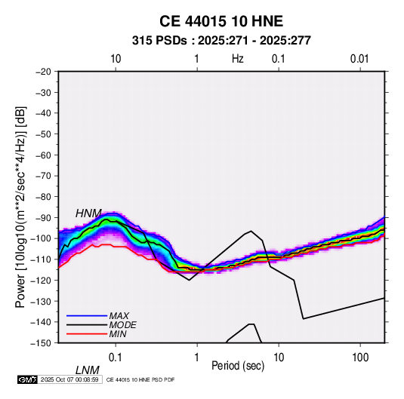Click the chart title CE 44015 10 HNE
pyautogui.click(x=221, y=21)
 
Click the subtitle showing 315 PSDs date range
pyautogui.click(x=221, y=41)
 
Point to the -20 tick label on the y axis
pyautogui.click(x=43, y=72)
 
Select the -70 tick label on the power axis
pyautogui.click(x=43, y=176)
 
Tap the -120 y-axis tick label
pyautogui.click(x=42, y=281)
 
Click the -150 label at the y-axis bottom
pyautogui.click(x=42, y=343)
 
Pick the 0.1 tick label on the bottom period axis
pyautogui.click(x=115, y=358)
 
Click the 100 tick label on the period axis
pyautogui.click(x=360, y=358)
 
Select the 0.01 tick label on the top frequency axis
pyautogui.click(x=359, y=59)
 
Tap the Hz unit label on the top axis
pyautogui.click(x=238, y=59)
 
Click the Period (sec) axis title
pyautogui.click(x=238, y=366)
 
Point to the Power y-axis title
pyautogui.click(x=20, y=207)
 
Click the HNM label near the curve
pyautogui.click(x=88, y=213)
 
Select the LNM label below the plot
pyautogui.click(x=87, y=370)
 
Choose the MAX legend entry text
pyautogui.click(x=119, y=315)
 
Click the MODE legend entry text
pyautogui.click(x=122, y=325)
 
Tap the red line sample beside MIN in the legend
pyautogui.click(x=87, y=334)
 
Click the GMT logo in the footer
pyautogui.click(x=27, y=379)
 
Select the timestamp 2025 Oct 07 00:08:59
pyautogui.click(x=69, y=379)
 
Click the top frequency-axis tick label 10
pyautogui.click(x=116, y=59)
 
